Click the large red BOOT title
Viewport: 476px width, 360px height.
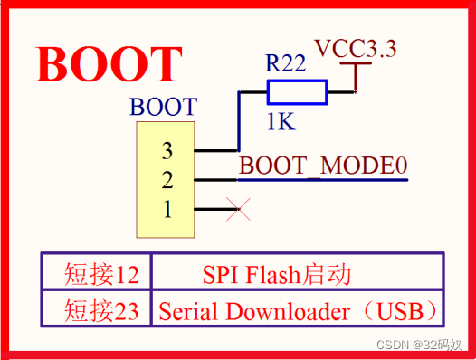[109, 63]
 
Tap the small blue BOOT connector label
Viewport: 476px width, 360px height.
[163, 106]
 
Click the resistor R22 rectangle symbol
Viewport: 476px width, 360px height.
[297, 91]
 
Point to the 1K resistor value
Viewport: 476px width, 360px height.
[280, 121]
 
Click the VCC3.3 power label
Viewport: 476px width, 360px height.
[355, 49]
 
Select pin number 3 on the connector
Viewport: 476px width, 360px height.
[167, 149]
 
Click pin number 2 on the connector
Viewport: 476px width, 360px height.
[167, 180]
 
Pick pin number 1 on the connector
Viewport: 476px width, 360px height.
[167, 210]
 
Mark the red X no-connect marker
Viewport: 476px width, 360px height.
[238, 211]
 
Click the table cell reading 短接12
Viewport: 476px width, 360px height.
[97, 272]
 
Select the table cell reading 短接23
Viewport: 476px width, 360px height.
[97, 311]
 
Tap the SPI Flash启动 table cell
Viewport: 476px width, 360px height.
[276, 272]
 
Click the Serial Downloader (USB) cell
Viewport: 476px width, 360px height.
[300, 311]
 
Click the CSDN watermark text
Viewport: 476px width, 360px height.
[424, 345]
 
